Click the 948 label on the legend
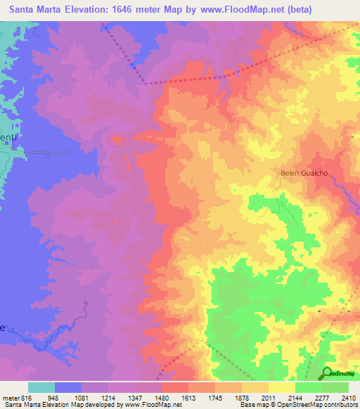click(51, 398)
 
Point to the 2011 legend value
click(270, 398)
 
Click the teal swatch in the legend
click(41, 387)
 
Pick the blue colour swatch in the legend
click(68, 387)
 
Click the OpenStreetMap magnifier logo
click(326, 372)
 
